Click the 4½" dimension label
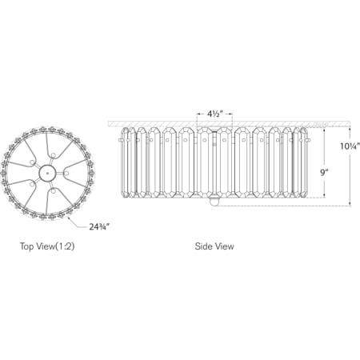tap(214, 114)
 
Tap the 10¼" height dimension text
tap(350, 146)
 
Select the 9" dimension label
tap(324, 173)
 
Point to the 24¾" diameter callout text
tap(99, 227)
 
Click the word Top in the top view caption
tap(27, 246)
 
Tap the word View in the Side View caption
tap(225, 246)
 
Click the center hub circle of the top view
tap(47, 173)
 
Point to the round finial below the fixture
tap(214, 202)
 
